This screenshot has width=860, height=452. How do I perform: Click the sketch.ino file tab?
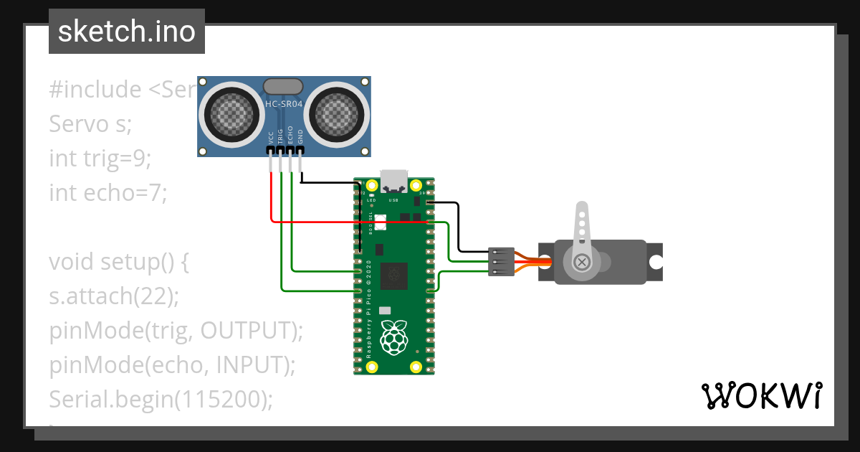(x=126, y=32)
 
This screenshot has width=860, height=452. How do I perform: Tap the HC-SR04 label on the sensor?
(x=284, y=104)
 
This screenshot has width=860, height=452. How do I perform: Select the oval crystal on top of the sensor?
(x=284, y=87)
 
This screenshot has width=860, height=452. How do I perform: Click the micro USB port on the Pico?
(x=394, y=181)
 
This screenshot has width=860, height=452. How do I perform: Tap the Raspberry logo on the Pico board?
(x=393, y=337)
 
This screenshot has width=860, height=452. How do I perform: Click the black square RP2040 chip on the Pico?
(x=393, y=273)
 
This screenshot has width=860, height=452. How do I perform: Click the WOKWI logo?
(x=761, y=395)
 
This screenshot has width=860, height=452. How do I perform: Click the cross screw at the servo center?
(x=583, y=262)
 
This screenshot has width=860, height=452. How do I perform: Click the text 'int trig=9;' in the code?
(x=100, y=158)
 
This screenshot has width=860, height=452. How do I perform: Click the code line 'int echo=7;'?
(x=107, y=192)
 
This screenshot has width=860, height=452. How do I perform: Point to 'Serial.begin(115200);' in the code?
(x=161, y=399)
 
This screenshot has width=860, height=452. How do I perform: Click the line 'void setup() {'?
(x=118, y=261)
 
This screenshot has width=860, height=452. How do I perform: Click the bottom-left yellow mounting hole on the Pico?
(x=371, y=367)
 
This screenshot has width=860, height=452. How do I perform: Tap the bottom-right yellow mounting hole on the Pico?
(x=416, y=367)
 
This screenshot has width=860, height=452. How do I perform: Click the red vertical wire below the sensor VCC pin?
(x=271, y=197)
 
